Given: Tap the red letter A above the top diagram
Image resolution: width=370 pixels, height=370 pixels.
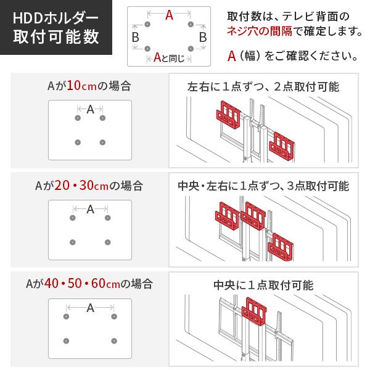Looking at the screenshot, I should tap(169, 17).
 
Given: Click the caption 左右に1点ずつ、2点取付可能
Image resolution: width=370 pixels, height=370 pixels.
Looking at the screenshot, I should tap(263, 87).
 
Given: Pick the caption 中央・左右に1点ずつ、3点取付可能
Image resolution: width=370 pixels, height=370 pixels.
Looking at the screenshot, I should tap(263, 186).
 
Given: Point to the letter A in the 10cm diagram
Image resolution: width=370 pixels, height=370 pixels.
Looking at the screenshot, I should tap(91, 110).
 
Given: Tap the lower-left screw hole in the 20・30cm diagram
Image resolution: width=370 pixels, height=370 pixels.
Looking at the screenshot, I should tap(73, 241).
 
